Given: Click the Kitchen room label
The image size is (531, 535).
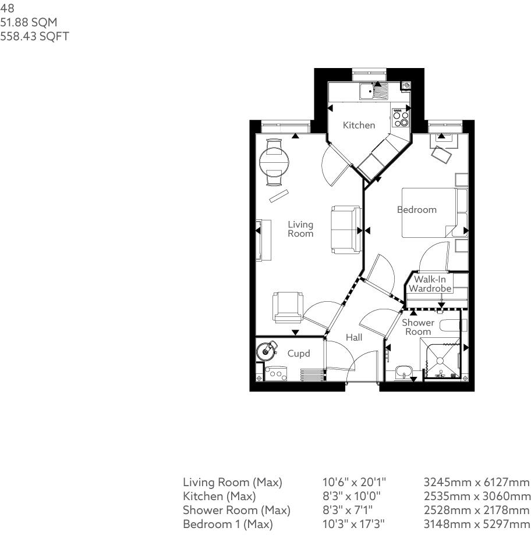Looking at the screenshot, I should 359,125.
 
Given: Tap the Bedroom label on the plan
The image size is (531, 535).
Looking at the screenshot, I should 417,209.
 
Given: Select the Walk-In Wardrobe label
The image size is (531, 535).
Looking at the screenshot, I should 430,284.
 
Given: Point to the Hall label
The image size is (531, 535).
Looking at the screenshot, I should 354,337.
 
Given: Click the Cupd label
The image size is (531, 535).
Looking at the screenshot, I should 298,354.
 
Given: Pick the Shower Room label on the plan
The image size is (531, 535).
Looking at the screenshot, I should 418,327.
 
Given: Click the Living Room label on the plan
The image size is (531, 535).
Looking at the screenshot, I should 300,229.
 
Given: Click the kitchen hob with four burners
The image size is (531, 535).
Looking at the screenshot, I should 401,119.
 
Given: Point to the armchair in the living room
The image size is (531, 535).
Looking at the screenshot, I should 288,307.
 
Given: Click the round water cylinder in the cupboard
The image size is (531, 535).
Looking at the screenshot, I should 267,350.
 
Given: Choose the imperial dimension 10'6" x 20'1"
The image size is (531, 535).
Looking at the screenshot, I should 354,483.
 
